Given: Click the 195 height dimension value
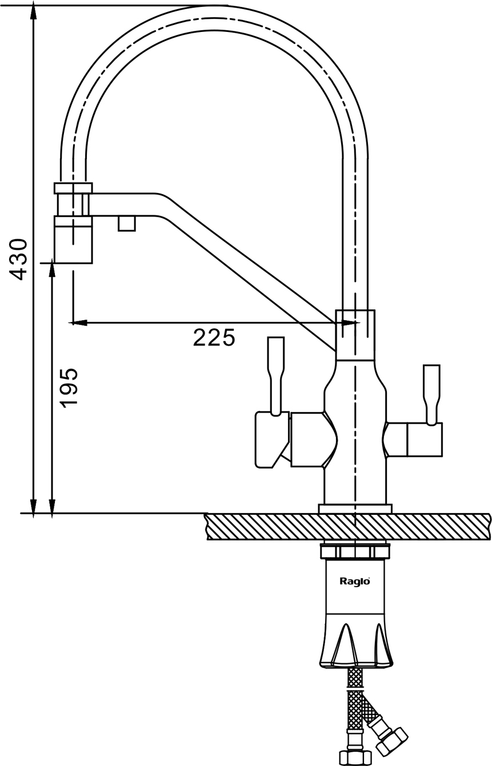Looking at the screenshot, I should (x=69, y=388).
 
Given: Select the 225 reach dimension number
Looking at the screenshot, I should (x=214, y=338).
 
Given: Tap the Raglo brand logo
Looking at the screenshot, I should (x=355, y=582).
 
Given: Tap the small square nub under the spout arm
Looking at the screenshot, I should (x=127, y=223).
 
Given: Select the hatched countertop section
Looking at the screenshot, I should (x=349, y=526).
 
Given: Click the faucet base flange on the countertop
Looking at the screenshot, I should (x=355, y=509).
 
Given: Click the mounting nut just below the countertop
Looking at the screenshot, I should (x=355, y=551).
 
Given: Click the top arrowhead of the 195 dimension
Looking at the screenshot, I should (x=52, y=268).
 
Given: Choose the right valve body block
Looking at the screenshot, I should (x=424, y=440).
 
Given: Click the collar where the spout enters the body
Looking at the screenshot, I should (x=355, y=335).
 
